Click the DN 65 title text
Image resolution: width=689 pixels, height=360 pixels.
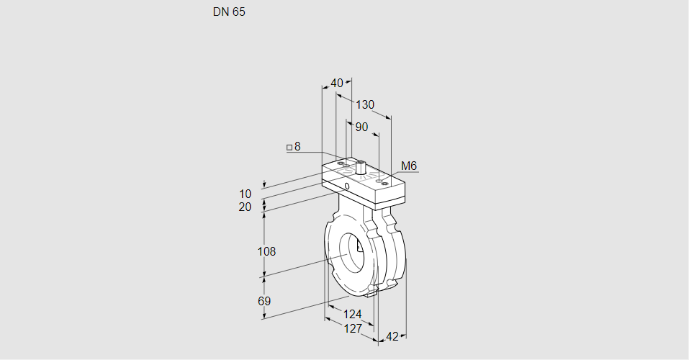229,12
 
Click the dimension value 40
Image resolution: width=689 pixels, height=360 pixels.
337,83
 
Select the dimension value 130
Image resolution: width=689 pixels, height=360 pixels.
365,104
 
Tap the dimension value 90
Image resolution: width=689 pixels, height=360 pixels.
361,127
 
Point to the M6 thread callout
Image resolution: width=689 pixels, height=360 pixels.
408,166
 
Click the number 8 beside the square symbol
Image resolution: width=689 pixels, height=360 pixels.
297,147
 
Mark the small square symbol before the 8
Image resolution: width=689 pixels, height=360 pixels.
289,148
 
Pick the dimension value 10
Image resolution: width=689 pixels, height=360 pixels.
246,194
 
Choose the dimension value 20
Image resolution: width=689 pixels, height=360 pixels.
246,207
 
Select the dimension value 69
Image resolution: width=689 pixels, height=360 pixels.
264,301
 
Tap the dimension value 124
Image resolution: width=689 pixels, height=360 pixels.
352,314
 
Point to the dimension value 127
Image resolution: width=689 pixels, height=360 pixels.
352,328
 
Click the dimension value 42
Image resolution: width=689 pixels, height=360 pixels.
392,336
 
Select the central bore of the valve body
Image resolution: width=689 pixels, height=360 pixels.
353,253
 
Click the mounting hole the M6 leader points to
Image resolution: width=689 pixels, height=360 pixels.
385,184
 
